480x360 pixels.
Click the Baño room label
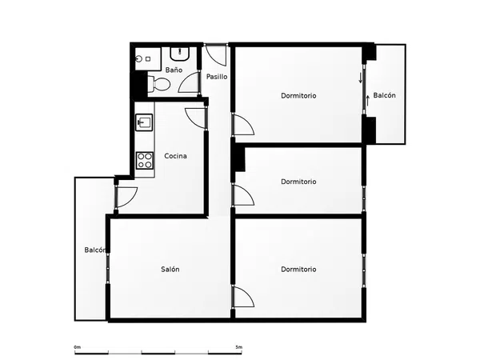coord(174,70)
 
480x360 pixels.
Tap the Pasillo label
coord(217,77)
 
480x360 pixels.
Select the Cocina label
coord(175,156)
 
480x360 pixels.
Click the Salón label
coord(170,269)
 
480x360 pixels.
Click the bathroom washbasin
coord(180,54)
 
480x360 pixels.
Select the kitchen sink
coord(144,122)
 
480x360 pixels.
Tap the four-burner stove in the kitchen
coord(145,161)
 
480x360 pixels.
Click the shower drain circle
coord(139,58)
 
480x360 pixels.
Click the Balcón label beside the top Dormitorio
coord(385,95)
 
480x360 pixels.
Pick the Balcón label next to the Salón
coord(95,250)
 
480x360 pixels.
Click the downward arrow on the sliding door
coord(361,78)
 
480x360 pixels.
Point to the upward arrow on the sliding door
coord(368,101)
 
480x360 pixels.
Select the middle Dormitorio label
coord(298,182)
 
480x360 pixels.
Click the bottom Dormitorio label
coord(298,269)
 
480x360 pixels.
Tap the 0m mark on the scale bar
coord(77,347)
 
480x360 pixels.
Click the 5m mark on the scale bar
coord(238,347)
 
